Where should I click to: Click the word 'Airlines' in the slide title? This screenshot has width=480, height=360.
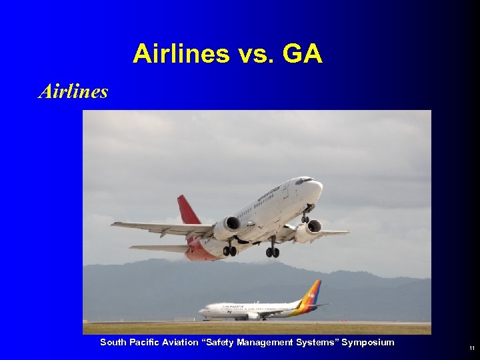click(180, 54)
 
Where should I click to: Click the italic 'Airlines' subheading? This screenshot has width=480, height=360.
click(73, 91)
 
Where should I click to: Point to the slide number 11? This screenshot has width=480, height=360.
click(472, 349)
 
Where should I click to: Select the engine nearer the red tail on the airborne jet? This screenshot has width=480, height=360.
click(227, 227)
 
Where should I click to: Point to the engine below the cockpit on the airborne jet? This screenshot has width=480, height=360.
click(307, 231)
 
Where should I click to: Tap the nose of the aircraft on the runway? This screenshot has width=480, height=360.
click(201, 311)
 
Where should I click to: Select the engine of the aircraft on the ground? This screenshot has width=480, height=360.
click(253, 316)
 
